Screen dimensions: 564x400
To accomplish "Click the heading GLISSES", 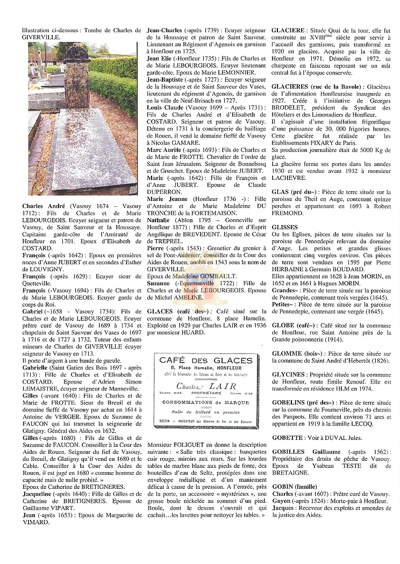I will (x=285, y=227).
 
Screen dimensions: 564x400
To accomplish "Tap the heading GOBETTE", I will (x=288, y=438).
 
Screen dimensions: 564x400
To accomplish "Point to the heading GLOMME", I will (x=287, y=353).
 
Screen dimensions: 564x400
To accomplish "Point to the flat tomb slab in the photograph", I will (x=89, y=156).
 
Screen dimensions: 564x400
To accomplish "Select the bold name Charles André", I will (x=44, y=206).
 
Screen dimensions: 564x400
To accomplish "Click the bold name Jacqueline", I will (x=40, y=493).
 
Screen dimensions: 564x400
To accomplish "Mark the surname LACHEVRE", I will (x=289, y=178).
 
